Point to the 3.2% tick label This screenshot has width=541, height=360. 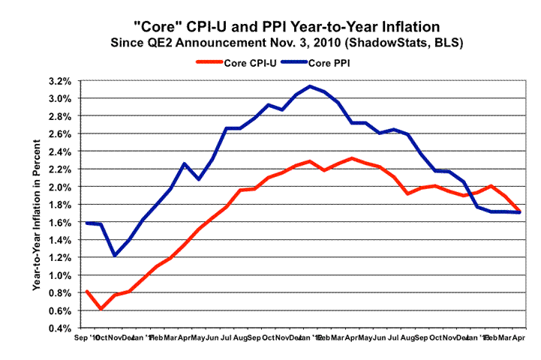[x=59, y=80]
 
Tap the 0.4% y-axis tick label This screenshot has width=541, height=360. [x=59, y=328]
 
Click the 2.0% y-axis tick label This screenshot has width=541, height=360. [x=59, y=187]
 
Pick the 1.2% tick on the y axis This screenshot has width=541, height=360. [x=59, y=257]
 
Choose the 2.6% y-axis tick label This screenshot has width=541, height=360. [x=59, y=133]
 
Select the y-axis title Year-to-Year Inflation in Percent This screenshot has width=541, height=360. [x=35, y=204]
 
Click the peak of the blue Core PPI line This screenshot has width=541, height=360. [x=310, y=86]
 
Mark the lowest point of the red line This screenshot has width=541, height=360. [x=101, y=308]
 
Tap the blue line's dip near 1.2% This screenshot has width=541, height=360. [x=115, y=255]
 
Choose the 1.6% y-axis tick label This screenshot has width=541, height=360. [x=59, y=222]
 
